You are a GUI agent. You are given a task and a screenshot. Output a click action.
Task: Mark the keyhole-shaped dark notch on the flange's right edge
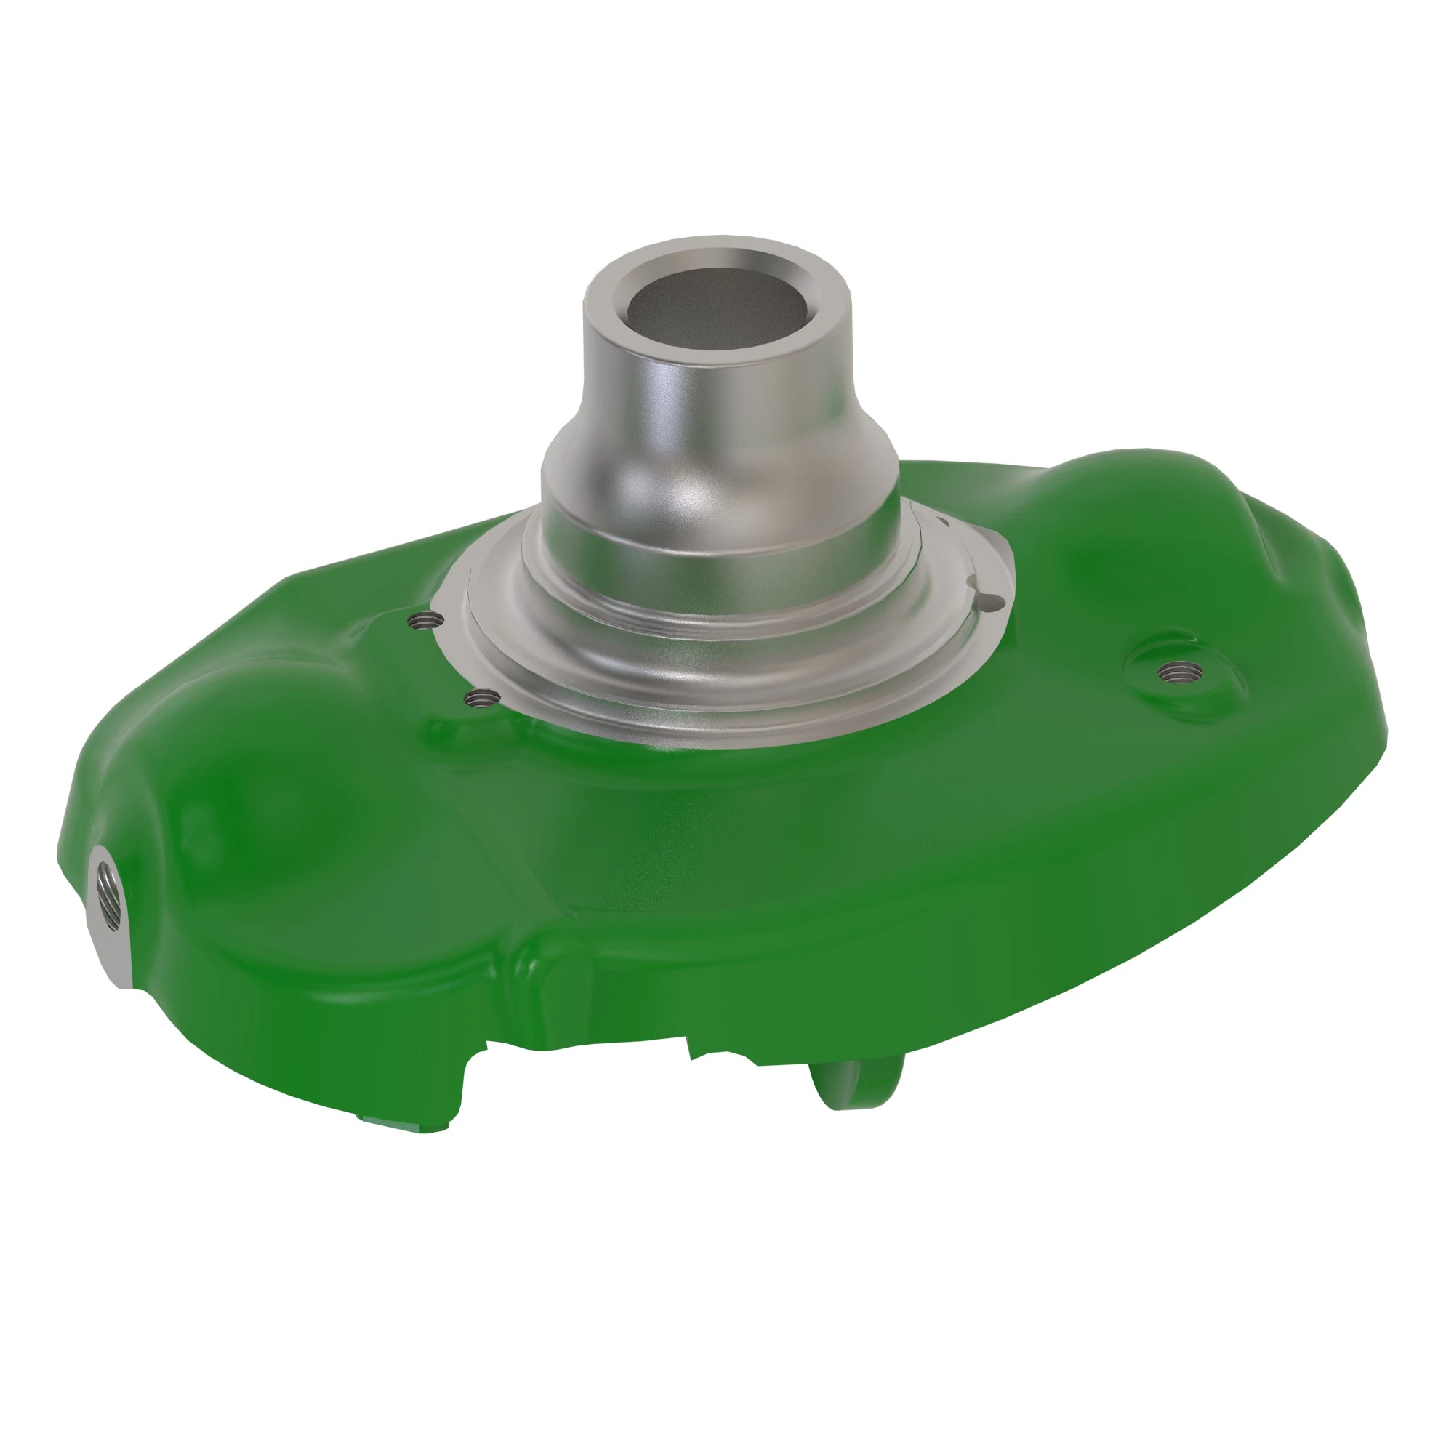point(992,601)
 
